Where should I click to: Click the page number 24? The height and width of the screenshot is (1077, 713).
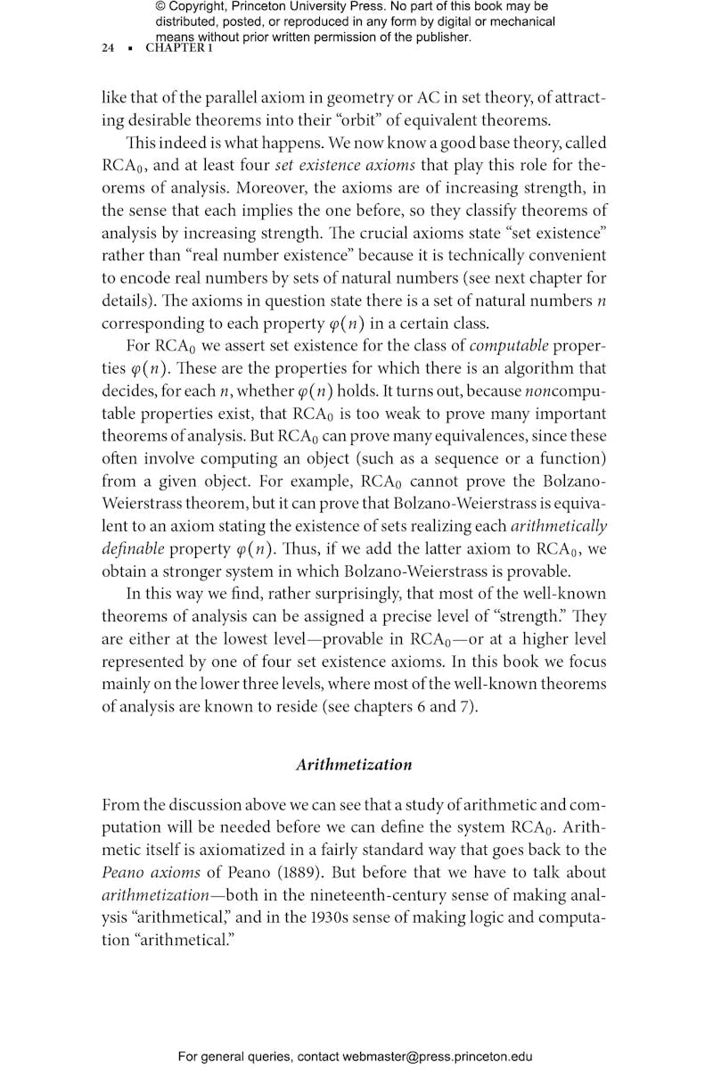pos(108,49)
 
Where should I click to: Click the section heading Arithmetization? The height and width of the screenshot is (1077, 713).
pos(354,764)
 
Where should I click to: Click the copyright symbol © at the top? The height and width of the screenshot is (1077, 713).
pos(160,7)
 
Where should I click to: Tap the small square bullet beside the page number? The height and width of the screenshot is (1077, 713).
pos(130,49)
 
